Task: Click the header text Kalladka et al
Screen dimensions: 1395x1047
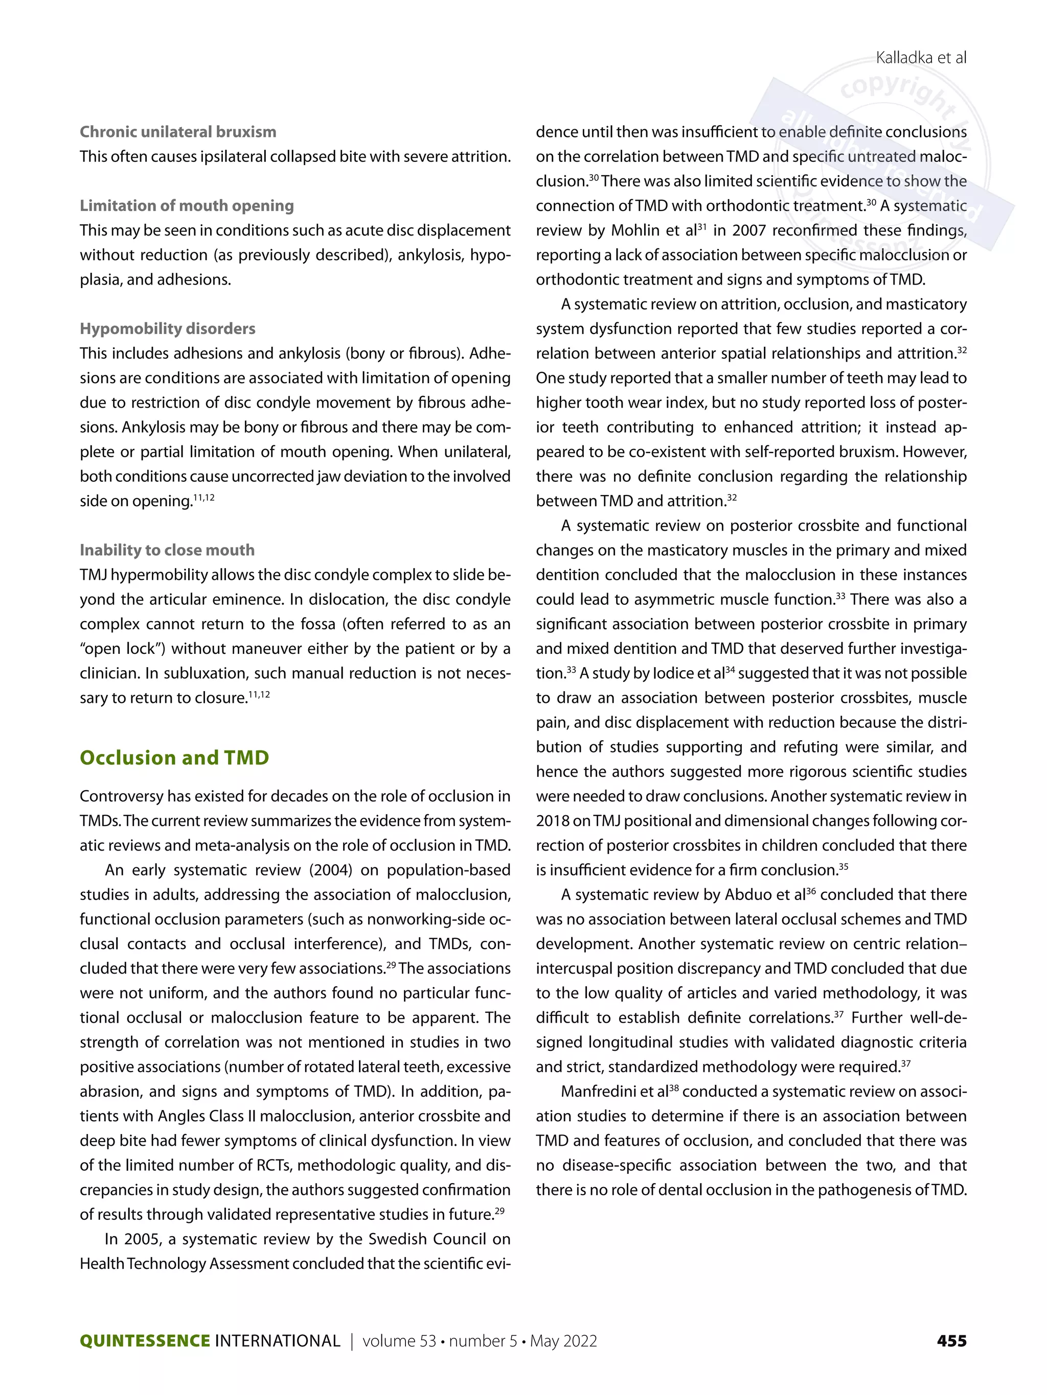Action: (x=920, y=58)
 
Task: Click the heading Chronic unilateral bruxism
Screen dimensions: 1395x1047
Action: (x=178, y=132)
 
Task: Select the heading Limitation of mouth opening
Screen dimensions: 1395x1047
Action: (x=187, y=205)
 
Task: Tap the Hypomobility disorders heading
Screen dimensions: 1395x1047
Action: (x=167, y=328)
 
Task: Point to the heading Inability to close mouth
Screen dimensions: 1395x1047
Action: (x=167, y=550)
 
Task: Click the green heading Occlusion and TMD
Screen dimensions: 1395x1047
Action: (x=174, y=758)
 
